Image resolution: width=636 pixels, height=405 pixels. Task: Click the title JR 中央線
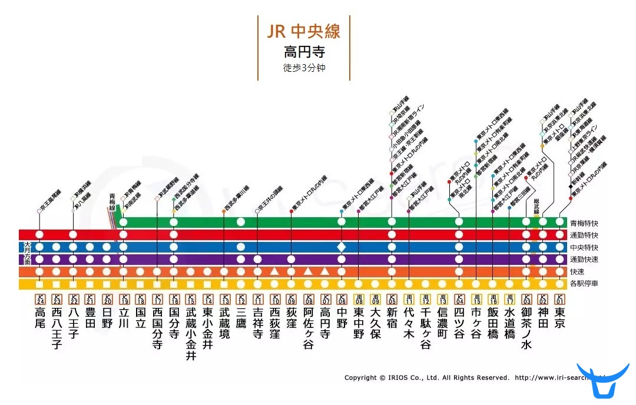[x=303, y=31]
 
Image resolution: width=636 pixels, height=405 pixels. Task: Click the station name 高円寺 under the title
[x=303, y=52]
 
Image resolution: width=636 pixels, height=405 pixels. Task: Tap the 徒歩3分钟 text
[x=304, y=68]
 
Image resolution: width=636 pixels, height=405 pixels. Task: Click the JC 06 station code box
[x=342, y=299]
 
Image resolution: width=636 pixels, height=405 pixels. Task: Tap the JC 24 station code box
[x=39, y=299]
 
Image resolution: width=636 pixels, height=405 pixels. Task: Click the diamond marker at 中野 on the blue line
[x=342, y=247]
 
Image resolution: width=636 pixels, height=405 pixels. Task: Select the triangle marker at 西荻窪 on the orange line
[x=274, y=271]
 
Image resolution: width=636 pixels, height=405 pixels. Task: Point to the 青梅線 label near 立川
[x=112, y=201]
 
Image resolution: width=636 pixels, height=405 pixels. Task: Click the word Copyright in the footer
[x=360, y=378]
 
